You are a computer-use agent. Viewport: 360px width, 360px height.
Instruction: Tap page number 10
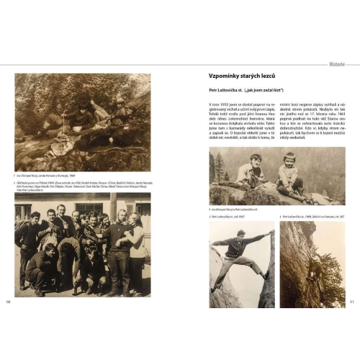click(x=9, y=300)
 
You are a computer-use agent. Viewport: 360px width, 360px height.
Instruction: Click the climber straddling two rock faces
click(x=241, y=252)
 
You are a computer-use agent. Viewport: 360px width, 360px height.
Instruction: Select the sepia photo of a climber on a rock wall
click(x=312, y=254)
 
